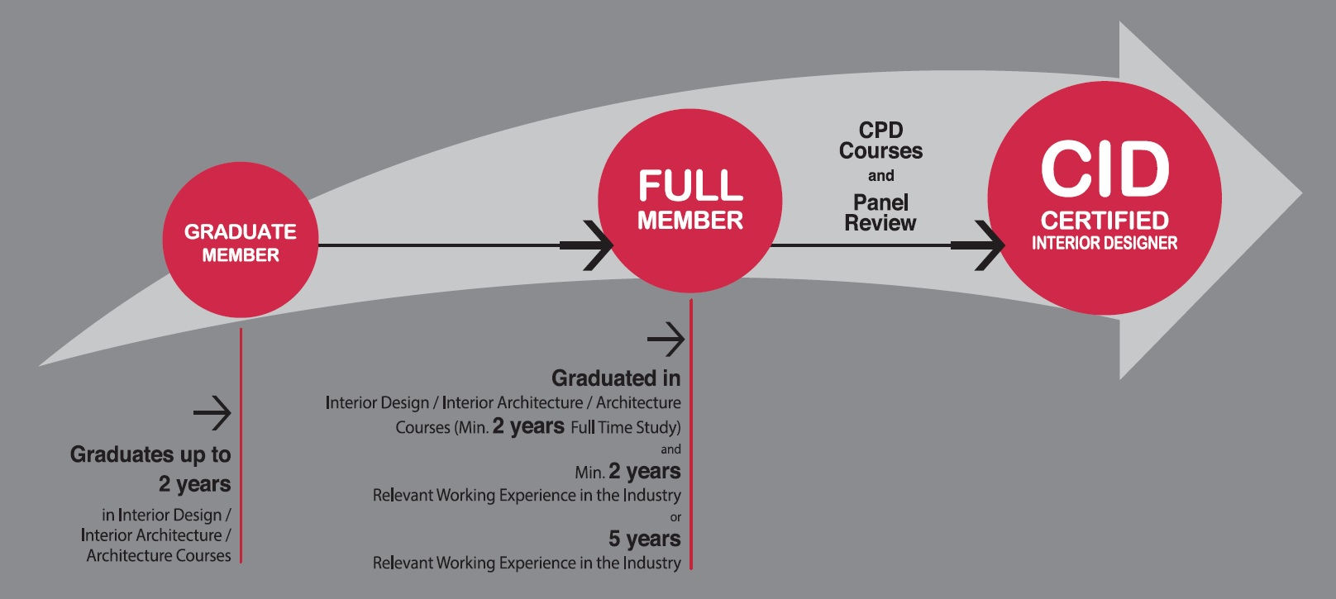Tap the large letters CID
(1105, 169)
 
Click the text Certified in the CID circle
(1105, 221)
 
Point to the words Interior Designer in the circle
(1105, 243)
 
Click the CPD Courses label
(880, 140)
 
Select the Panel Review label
(880, 212)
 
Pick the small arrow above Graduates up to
(212, 413)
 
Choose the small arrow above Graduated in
(666, 339)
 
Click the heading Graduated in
(616, 378)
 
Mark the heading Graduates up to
(150, 454)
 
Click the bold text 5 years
(644, 539)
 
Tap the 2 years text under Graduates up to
(194, 483)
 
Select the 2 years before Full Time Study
(528, 426)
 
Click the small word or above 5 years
(675, 517)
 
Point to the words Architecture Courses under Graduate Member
(159, 555)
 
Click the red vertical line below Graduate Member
(241, 446)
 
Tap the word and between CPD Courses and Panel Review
(880, 176)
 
